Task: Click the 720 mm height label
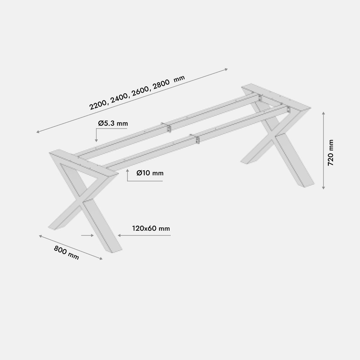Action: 331,153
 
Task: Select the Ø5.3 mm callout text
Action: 113,123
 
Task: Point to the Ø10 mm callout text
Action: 150,173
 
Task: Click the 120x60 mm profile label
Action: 151,228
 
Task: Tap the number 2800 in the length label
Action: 161,84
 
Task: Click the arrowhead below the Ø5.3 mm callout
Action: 96,140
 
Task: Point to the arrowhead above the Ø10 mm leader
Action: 127,170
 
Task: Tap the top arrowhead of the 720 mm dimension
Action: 324,113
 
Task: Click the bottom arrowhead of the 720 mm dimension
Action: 324,188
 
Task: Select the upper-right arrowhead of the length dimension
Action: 226,70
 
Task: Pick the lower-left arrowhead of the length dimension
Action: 38,132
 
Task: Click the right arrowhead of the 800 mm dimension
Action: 101,259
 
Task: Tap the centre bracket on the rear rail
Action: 169,128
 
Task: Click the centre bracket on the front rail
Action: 197,140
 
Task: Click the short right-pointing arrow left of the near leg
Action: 87,235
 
